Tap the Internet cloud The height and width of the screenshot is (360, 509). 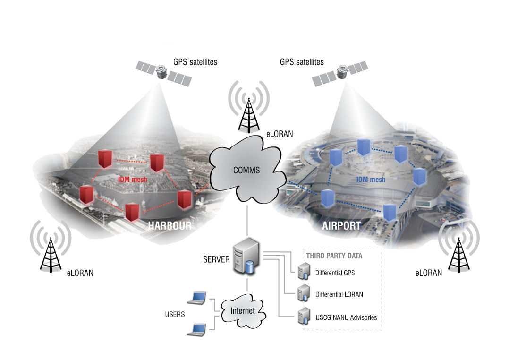(x=242, y=311)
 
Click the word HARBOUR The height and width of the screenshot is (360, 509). (x=170, y=225)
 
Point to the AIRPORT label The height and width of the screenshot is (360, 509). (x=341, y=225)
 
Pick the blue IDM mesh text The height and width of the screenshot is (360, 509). (x=371, y=180)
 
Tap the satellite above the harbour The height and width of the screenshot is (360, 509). (x=163, y=73)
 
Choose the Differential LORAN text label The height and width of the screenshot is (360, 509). (x=339, y=294)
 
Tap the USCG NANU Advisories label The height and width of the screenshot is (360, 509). (x=346, y=317)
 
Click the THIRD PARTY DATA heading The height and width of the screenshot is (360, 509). (x=334, y=256)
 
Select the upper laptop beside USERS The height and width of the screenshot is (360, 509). (x=196, y=298)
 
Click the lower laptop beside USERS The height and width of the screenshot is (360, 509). (x=196, y=329)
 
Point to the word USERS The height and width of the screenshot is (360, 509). (x=175, y=314)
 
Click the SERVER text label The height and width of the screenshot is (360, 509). (x=216, y=259)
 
